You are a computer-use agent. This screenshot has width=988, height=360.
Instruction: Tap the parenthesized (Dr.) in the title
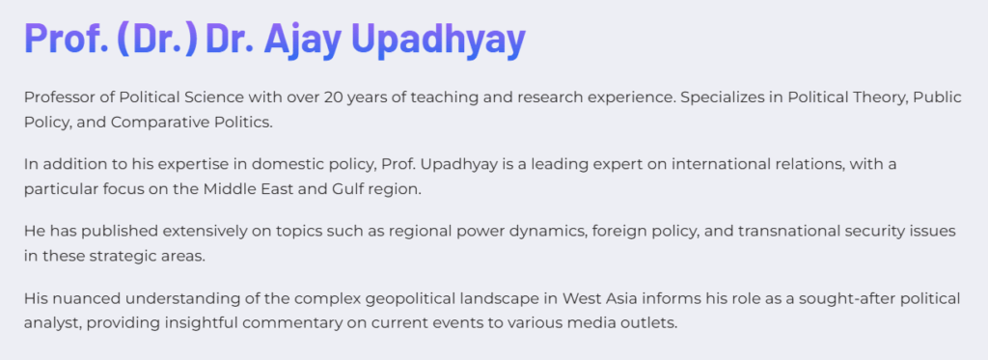pos(157,40)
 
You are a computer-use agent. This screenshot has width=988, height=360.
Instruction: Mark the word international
pos(711,164)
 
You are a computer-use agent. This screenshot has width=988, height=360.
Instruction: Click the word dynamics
pos(544,232)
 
